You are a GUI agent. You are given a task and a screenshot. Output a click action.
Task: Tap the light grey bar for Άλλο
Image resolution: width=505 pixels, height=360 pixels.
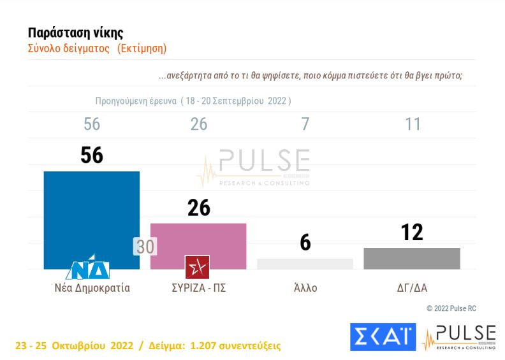coord(305,264)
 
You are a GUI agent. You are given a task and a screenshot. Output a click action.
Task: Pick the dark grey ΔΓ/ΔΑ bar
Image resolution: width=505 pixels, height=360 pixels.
coord(412,258)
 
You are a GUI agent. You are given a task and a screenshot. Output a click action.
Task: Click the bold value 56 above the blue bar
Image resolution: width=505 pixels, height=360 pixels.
coord(92,155)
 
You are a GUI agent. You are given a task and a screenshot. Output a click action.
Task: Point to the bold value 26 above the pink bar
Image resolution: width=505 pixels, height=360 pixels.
coord(199,207)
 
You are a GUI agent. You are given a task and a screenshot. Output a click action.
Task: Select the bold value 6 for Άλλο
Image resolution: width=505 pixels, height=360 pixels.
coord(305,242)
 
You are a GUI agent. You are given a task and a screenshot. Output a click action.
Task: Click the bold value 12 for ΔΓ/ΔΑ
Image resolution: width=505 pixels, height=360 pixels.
coord(413,232)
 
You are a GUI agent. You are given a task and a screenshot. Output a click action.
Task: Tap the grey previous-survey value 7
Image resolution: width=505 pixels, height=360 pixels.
coord(305,124)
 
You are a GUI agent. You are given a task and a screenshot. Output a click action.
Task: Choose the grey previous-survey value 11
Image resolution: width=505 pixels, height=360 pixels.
coord(413,124)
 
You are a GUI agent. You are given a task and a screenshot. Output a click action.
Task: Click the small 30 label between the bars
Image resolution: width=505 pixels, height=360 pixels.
coord(145,247)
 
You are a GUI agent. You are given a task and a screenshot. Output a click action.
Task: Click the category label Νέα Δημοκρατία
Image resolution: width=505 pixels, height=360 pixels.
coord(92,287)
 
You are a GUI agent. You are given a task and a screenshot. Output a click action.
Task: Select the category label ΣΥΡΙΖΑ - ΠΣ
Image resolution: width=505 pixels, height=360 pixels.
coord(199,287)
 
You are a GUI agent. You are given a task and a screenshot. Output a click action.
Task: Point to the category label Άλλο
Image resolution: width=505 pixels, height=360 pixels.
coord(305,287)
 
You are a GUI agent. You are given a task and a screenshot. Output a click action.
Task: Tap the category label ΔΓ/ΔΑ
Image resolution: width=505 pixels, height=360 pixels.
coord(412,287)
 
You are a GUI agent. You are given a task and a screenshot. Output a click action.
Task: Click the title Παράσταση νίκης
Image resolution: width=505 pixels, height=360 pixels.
coord(76,32)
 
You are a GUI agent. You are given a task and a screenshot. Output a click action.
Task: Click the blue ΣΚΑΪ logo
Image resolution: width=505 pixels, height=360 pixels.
coord(383,337)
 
